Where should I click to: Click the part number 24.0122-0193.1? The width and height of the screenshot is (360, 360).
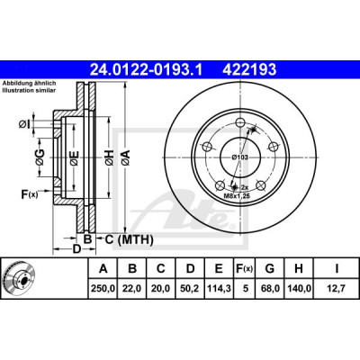click(147, 70)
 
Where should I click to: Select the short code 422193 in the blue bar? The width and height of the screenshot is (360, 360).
click(249, 70)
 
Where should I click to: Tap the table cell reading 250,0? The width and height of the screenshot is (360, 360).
click(103, 289)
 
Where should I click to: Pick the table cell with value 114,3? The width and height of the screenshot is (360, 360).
click(219, 289)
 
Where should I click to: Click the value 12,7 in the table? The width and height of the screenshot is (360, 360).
click(337, 289)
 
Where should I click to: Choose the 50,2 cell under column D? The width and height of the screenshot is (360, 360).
click(190, 289)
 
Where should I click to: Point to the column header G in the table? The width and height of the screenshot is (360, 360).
click(270, 268)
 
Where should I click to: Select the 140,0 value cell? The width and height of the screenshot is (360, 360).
click(299, 289)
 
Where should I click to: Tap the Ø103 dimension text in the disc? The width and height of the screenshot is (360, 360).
click(239, 157)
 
